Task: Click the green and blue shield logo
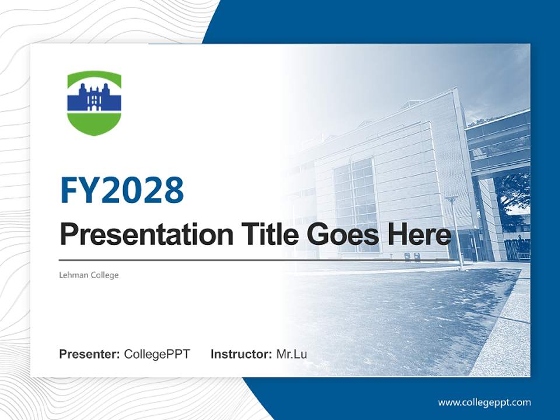pos(94,103)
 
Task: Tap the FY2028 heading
pos(122,190)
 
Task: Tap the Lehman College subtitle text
pos(89,275)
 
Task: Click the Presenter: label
pos(90,354)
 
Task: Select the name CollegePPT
pos(157,354)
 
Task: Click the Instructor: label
pos(241,354)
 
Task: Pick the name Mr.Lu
pos(292,354)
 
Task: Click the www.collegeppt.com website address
pos(484,402)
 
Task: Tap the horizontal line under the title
pos(257,260)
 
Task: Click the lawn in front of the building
pos(397,309)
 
